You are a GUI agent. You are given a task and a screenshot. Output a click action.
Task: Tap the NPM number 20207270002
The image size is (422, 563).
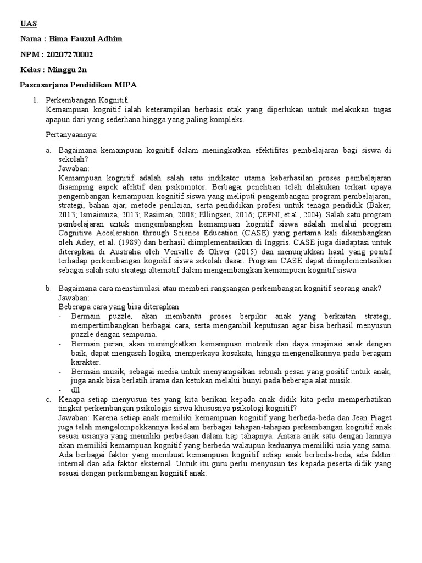coord(71,54)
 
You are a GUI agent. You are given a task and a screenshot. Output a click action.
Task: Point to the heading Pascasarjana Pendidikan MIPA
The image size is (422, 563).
coord(78,85)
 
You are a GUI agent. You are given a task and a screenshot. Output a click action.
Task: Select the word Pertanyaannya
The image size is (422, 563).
coord(70,135)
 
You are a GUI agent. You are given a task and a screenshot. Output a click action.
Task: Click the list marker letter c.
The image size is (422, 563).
coord(48,399)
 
